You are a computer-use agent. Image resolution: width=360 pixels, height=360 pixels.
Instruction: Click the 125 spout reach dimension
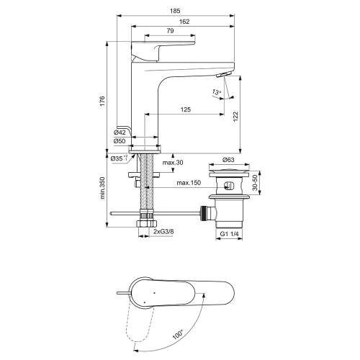point(185,109)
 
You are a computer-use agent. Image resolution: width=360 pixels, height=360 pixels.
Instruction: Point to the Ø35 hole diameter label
point(120,158)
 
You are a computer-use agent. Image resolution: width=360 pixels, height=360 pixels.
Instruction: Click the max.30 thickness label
point(173,163)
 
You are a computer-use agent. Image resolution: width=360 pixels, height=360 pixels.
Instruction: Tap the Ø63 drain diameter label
point(230,160)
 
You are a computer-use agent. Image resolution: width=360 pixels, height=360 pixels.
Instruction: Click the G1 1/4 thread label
point(229,234)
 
